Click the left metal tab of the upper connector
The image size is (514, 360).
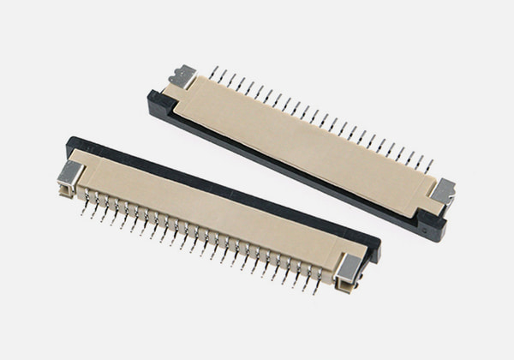coord(182,76)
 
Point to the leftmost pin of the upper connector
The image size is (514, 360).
coord(212,72)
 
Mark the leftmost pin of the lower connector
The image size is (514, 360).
coord(84,208)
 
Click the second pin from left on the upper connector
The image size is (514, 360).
coord(222,76)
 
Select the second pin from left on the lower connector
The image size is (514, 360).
coord(93,212)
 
